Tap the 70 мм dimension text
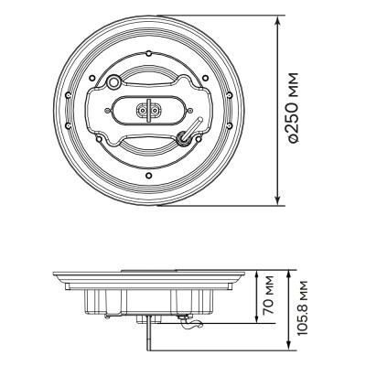click(x=267, y=296)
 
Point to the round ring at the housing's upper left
click(x=113, y=82)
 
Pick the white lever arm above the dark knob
click(x=196, y=124)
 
